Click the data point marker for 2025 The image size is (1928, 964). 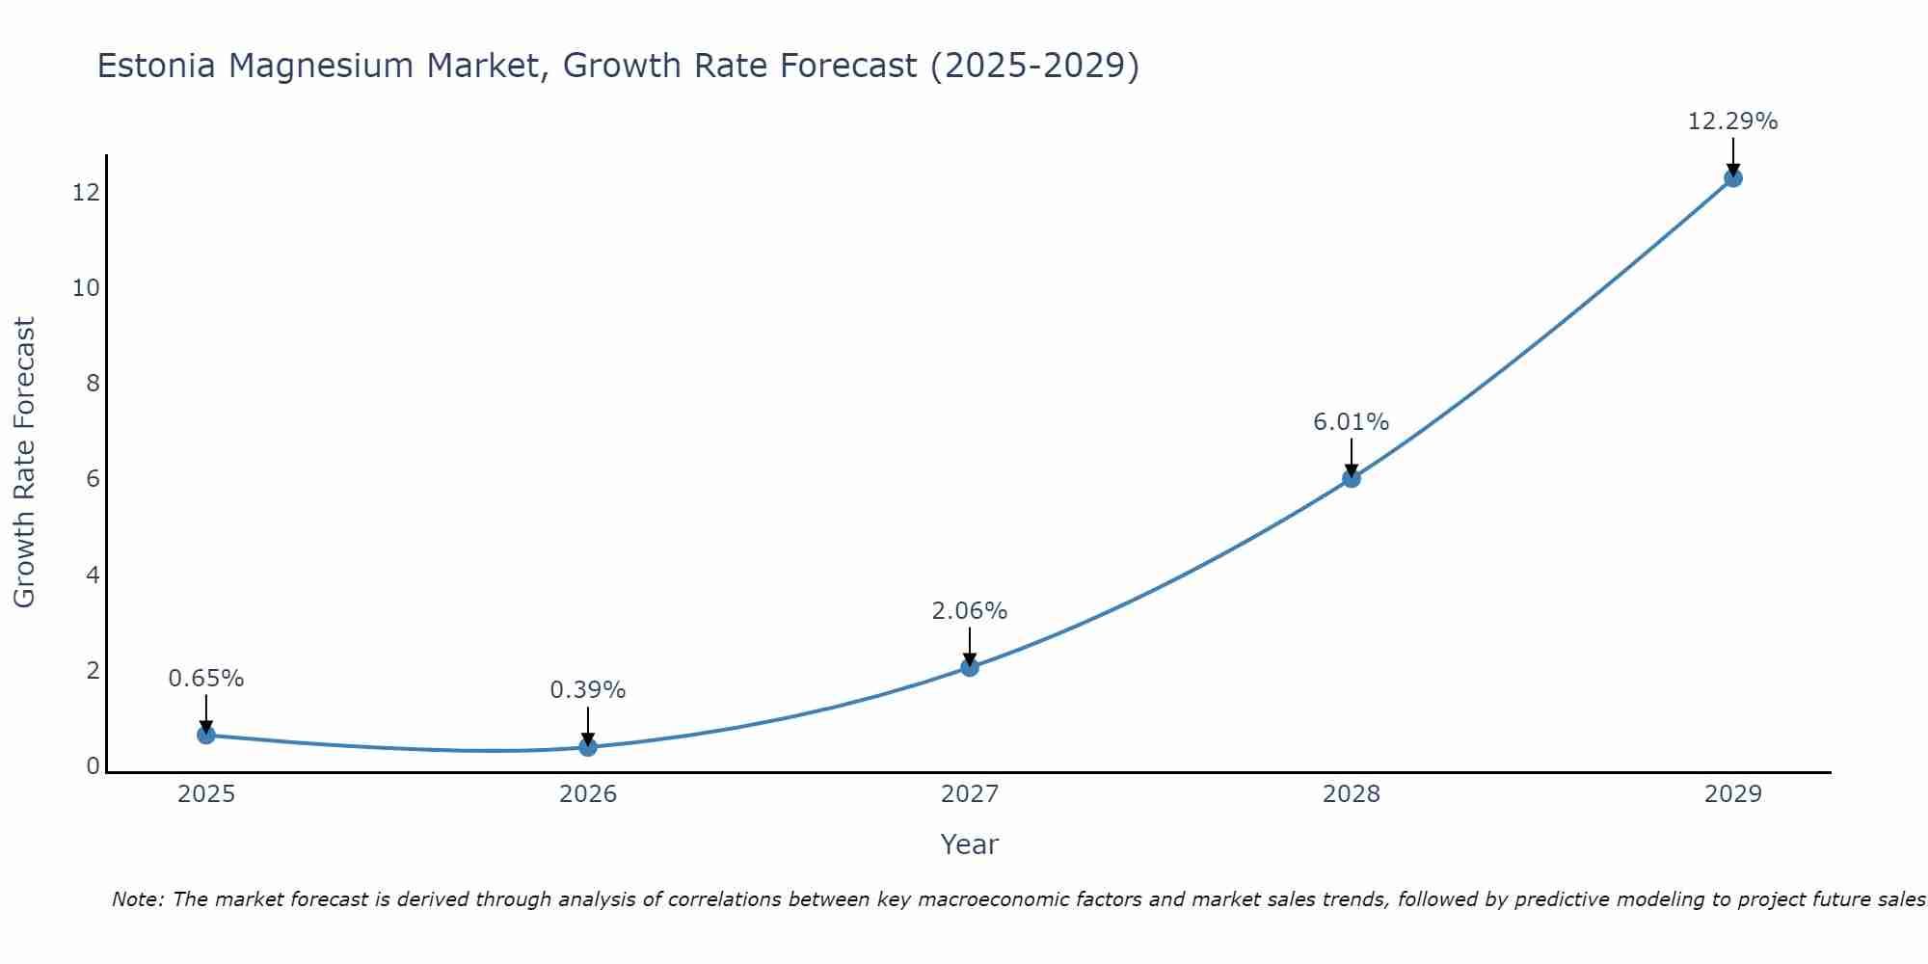coord(206,735)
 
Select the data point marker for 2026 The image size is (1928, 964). coord(588,747)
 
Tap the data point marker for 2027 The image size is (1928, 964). coord(970,667)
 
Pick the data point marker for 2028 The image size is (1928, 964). coord(1352,478)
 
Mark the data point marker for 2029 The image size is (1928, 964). coord(1733,177)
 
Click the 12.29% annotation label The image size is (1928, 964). coord(1732,121)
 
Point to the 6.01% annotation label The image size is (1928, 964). coord(1351,422)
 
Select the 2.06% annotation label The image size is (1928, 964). coord(969,611)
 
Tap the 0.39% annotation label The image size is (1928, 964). coord(587,690)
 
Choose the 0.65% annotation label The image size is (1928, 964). coord(205,679)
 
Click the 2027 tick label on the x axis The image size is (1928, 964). coord(970,794)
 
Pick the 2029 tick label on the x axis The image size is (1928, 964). coord(1733,794)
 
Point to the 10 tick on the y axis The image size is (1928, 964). coord(86,288)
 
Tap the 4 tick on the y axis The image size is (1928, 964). coord(93,576)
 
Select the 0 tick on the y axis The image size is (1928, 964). coord(93,766)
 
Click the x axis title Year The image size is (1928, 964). coord(969,844)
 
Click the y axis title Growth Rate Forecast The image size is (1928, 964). coord(24,463)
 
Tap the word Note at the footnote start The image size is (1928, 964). coord(137,899)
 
